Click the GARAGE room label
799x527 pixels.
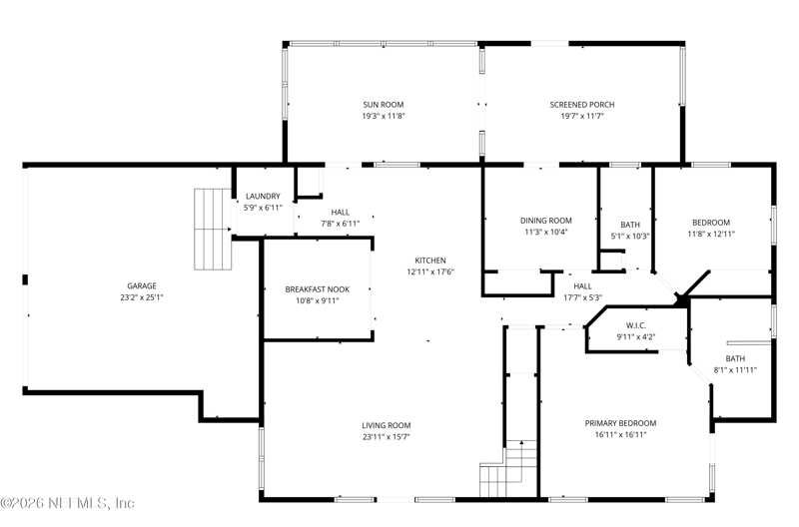click(x=142, y=286)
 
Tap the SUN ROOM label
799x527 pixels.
click(x=384, y=105)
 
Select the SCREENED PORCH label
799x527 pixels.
click(x=582, y=105)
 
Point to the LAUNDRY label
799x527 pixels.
click(x=263, y=196)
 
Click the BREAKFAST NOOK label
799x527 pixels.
click(x=318, y=289)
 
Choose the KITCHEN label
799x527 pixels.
click(x=430, y=261)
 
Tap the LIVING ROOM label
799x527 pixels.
click(x=387, y=425)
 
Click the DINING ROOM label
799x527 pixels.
click(x=545, y=221)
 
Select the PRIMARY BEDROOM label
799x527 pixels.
click(x=620, y=423)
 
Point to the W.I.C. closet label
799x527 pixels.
click(x=636, y=325)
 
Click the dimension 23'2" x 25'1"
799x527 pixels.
click(x=142, y=297)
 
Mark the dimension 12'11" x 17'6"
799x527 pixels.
click(x=430, y=271)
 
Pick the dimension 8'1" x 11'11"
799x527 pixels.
click(x=735, y=369)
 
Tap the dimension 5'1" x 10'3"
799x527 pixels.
click(x=630, y=236)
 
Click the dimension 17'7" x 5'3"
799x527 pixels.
click(x=582, y=297)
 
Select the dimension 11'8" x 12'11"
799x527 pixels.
click(x=711, y=234)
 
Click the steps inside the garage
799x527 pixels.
click(x=213, y=229)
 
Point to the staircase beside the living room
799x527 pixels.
click(x=509, y=468)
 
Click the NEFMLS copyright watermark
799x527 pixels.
click(x=67, y=503)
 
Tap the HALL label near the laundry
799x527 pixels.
click(x=340, y=212)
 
